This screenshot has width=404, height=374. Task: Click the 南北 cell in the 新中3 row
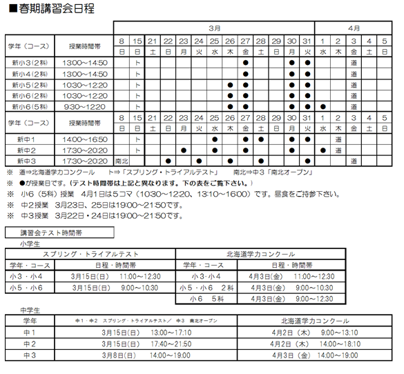122,160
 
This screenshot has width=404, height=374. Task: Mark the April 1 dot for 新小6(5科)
323,107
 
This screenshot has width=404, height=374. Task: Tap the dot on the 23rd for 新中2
184,150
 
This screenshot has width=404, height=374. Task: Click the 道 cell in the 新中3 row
354,160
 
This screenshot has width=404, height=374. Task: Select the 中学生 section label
32,311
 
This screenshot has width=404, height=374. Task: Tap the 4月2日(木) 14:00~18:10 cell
317,344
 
